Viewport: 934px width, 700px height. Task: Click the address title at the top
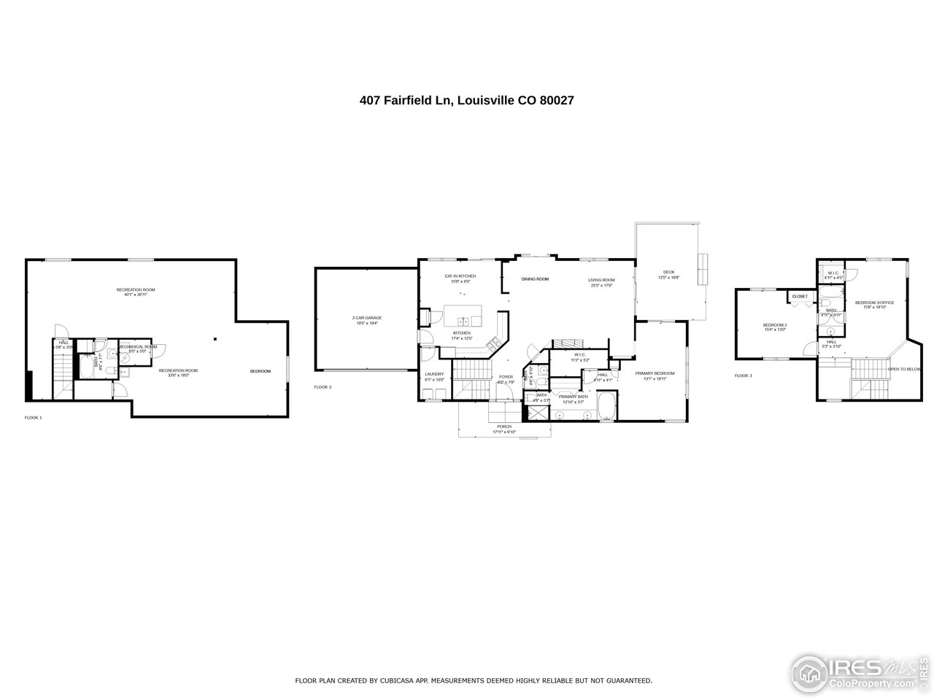pyautogui.click(x=466, y=101)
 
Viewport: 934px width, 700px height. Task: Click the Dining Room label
pyautogui.click(x=534, y=279)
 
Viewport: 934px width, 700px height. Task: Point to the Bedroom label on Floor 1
pyautogui.click(x=260, y=371)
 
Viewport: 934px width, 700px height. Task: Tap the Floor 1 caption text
pyautogui.click(x=34, y=418)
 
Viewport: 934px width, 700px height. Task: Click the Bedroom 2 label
pyautogui.click(x=774, y=327)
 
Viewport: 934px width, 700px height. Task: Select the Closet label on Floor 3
pyautogui.click(x=799, y=297)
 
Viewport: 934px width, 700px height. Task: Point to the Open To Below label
pyautogui.click(x=905, y=369)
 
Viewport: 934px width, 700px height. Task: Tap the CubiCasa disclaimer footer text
pyautogui.click(x=473, y=680)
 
